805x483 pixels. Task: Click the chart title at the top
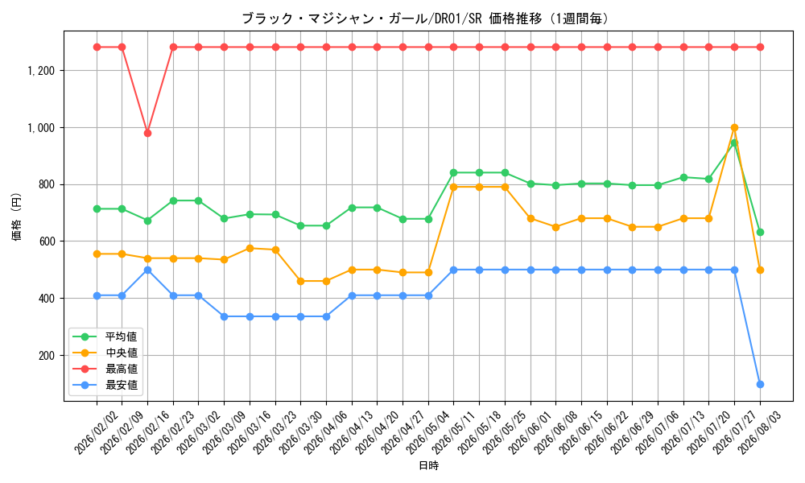coord(426,19)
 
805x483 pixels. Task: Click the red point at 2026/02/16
coord(148,134)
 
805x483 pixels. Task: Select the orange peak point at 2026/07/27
coord(735,128)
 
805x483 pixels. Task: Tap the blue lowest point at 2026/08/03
coord(761,385)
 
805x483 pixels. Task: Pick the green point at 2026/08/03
coord(761,233)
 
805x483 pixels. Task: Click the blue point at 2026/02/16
coord(148,270)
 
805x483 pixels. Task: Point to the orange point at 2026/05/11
coord(454,188)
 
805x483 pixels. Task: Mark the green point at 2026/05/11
coord(454,173)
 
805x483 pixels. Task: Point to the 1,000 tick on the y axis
coord(42,128)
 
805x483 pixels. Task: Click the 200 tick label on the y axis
coord(47,356)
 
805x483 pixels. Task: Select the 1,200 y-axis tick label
coord(42,71)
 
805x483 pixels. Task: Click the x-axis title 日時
coord(429,465)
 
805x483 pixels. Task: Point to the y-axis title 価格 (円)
coord(17,217)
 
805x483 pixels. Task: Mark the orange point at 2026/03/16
coord(250,249)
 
